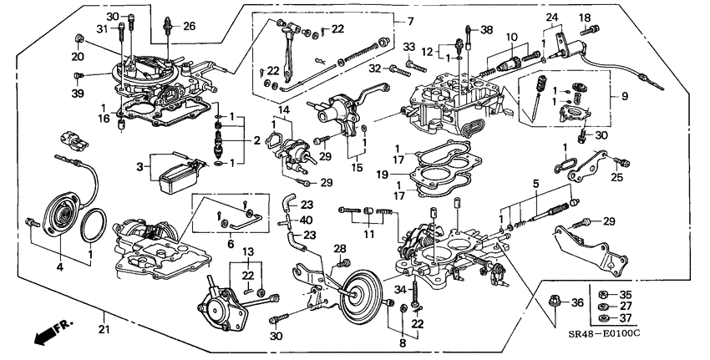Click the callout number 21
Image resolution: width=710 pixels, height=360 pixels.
coord(104,314)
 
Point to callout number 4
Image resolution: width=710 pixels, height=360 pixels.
coord(59,266)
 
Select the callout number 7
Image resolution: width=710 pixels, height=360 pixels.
coord(409,21)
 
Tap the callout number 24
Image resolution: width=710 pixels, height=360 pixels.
coord(551,17)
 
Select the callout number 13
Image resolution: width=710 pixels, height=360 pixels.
coord(248,251)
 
